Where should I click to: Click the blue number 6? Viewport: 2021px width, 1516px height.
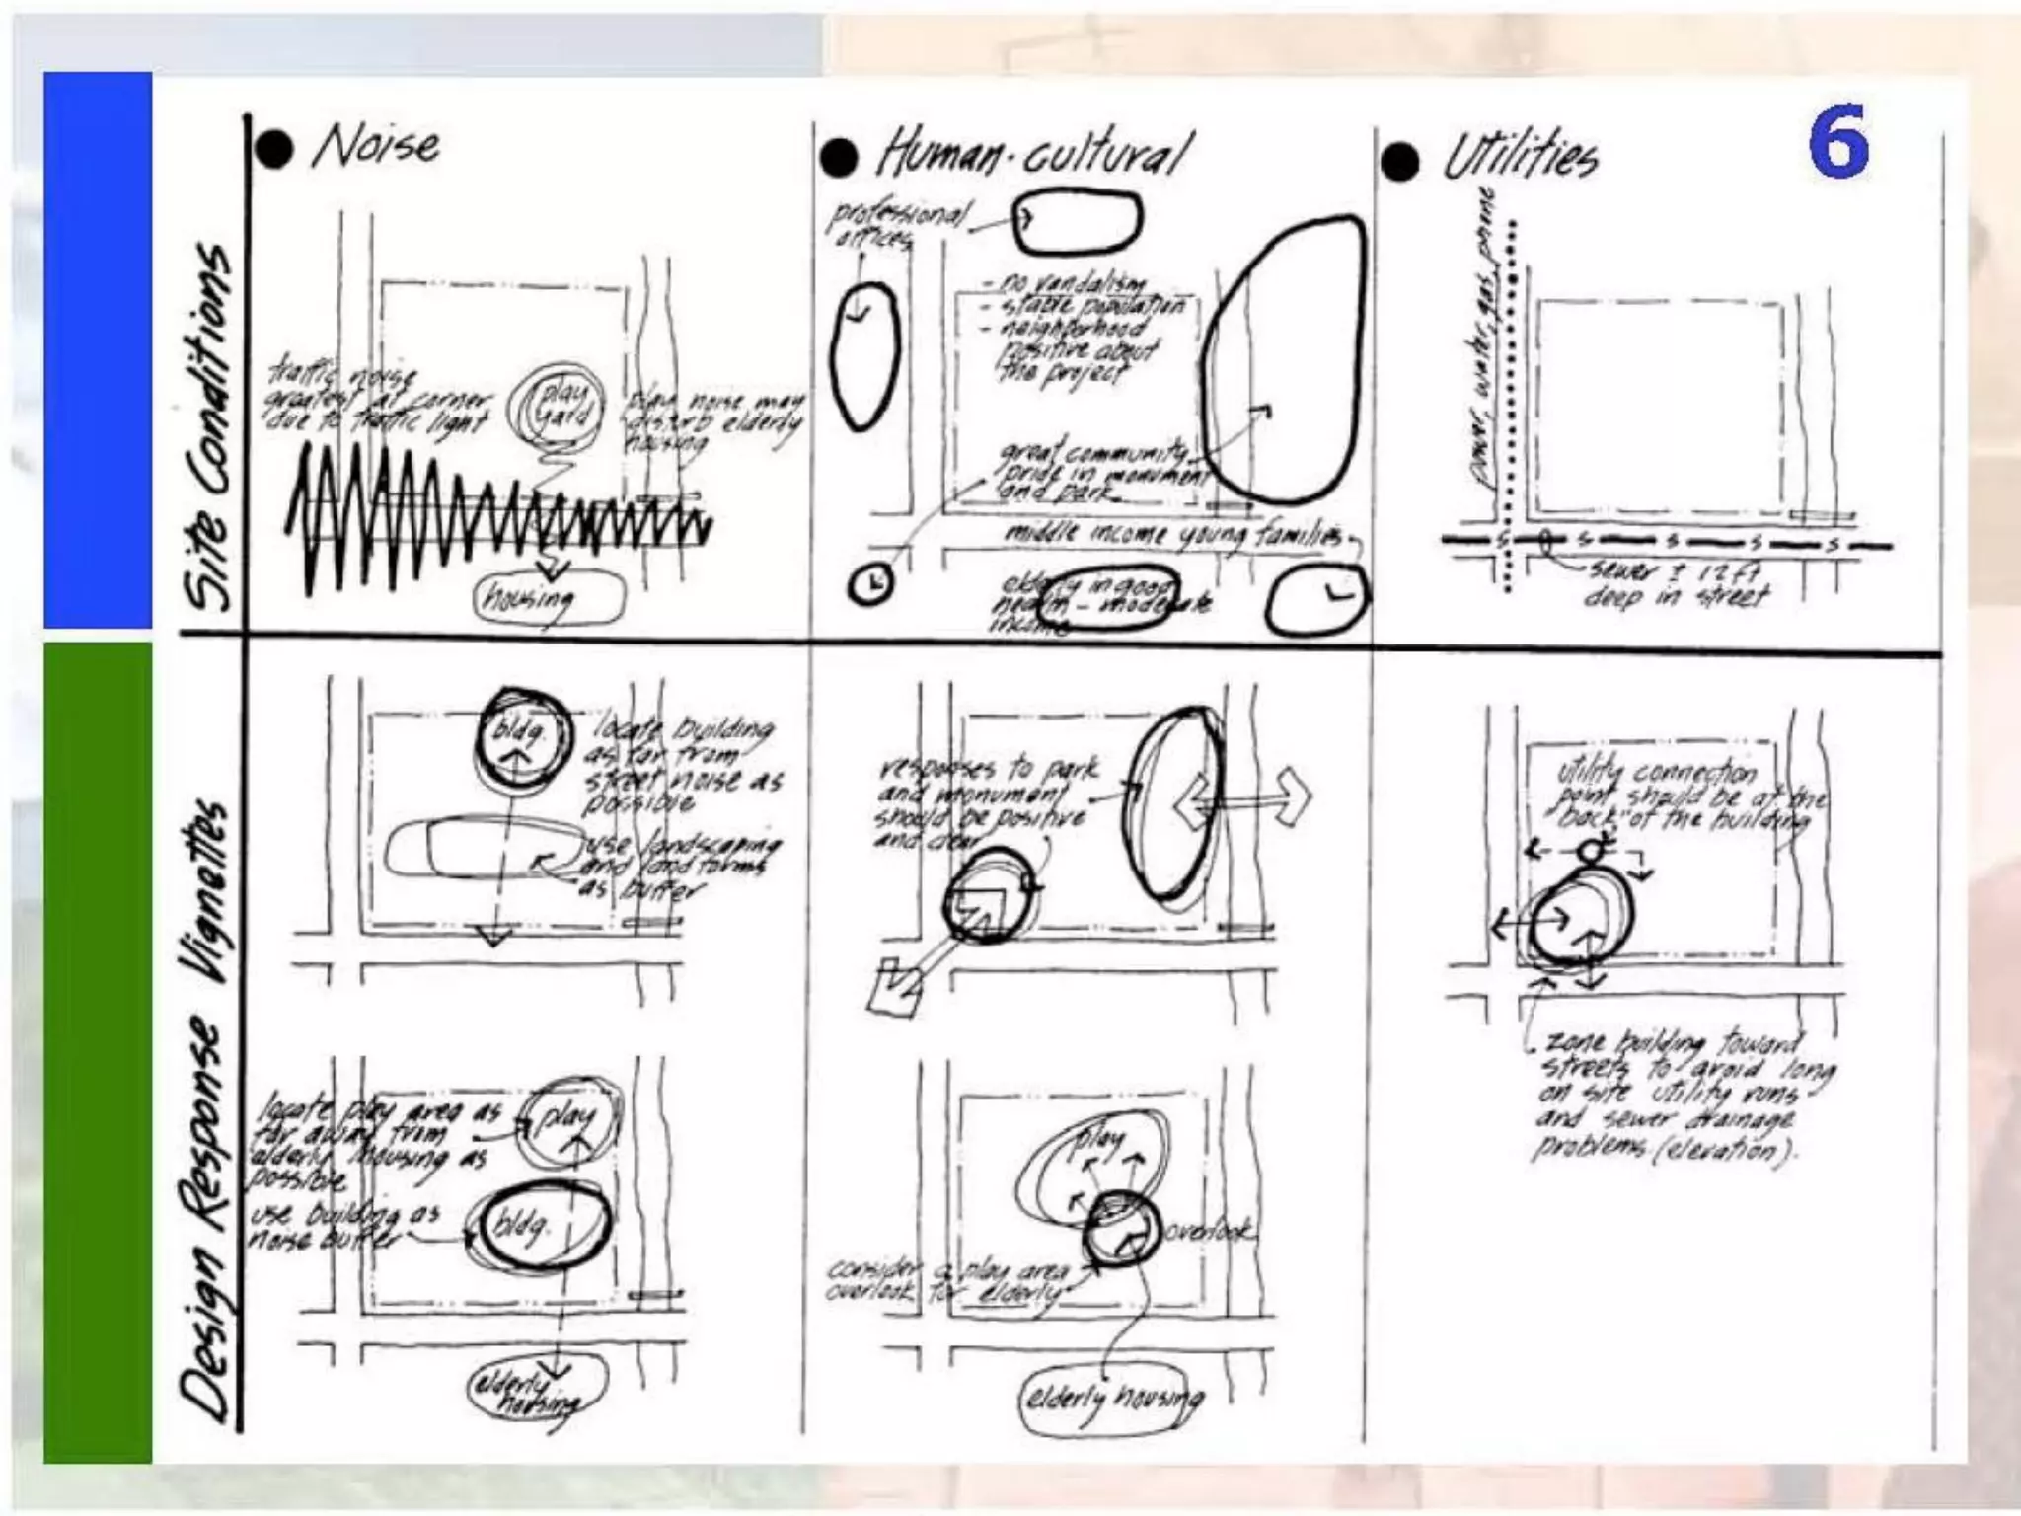click(1837, 142)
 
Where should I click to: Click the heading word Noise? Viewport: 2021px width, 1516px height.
click(377, 146)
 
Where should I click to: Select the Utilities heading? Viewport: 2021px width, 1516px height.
click(1520, 158)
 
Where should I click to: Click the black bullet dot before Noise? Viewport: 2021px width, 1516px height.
click(274, 149)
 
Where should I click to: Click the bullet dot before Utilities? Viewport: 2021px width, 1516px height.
click(1399, 161)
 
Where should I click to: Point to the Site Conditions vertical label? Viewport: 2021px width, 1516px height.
click(208, 424)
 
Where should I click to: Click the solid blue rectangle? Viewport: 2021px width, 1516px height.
click(98, 350)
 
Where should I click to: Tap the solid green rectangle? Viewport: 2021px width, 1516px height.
click(98, 1051)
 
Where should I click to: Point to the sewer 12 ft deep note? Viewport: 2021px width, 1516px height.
click(1678, 584)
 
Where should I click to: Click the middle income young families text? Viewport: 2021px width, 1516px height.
click(1174, 536)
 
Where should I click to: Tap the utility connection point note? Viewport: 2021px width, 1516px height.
click(1687, 796)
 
